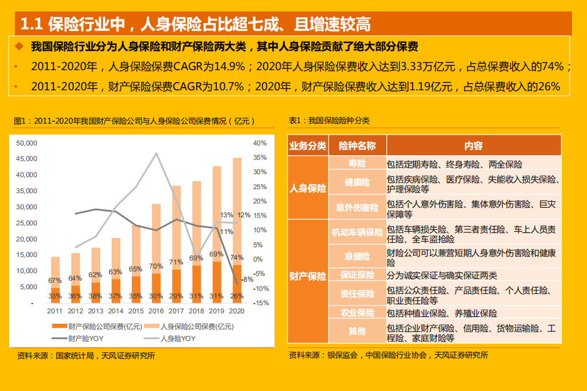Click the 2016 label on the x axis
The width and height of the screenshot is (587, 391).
tap(156, 311)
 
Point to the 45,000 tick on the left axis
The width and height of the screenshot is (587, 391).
tap(26, 159)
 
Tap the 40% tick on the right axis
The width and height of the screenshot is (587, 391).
tap(260, 143)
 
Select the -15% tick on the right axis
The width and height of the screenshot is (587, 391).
tap(261, 302)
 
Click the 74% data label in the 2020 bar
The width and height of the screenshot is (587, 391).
tap(237, 257)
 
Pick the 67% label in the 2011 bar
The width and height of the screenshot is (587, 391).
tap(55, 281)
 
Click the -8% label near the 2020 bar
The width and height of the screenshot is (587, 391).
tap(247, 279)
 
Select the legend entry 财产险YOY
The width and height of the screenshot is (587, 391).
tap(78, 338)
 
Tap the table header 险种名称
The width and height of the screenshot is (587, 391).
tap(357, 145)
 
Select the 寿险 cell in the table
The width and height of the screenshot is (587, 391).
tap(357, 164)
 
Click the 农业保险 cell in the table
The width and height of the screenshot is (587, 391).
tap(357, 313)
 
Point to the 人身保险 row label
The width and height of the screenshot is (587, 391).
tap(308, 188)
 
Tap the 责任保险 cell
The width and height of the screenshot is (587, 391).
tap(357, 294)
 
